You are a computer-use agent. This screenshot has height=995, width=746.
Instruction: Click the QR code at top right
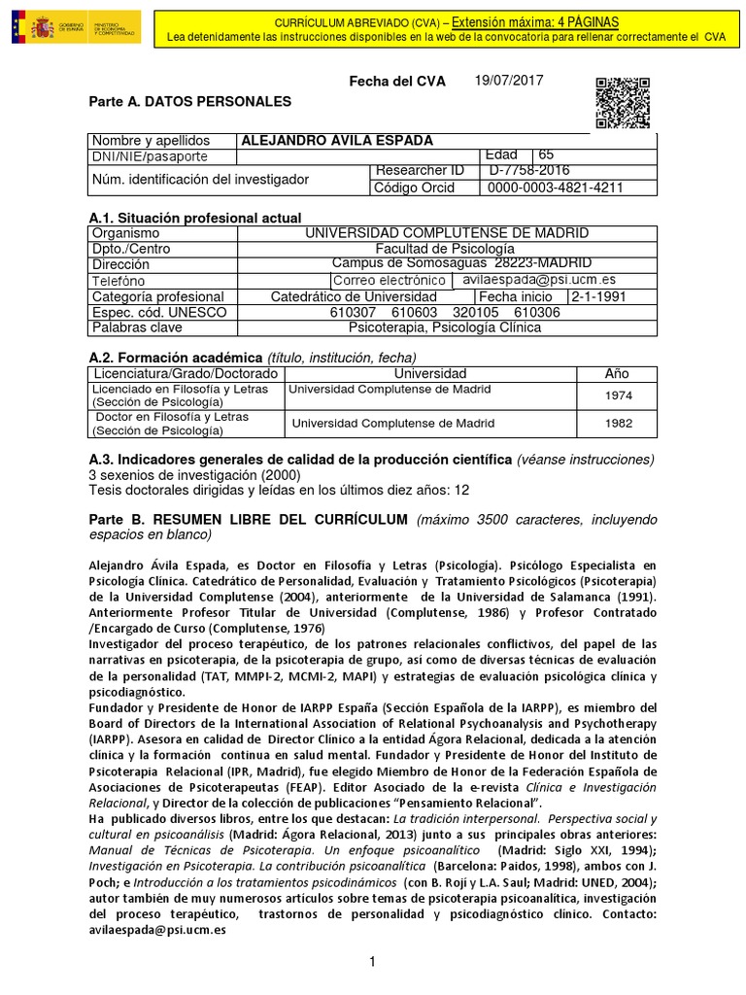point(620,102)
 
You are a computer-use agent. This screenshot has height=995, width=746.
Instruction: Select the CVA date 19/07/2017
point(508,81)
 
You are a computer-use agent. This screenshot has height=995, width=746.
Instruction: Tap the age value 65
point(547,155)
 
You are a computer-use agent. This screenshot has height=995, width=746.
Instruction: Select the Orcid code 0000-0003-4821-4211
point(555,188)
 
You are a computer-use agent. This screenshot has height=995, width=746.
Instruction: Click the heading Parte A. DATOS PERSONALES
point(189,101)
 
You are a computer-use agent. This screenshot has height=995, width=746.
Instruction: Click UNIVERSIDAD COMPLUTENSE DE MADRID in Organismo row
point(447,233)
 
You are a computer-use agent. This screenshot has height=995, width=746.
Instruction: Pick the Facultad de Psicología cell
point(447,249)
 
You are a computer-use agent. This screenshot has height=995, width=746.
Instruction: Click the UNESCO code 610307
point(354,312)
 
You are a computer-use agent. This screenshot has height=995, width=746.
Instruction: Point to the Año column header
point(617,373)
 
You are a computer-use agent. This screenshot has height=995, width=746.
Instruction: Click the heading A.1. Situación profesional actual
point(194,218)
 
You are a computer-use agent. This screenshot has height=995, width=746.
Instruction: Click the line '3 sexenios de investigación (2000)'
point(194,475)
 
